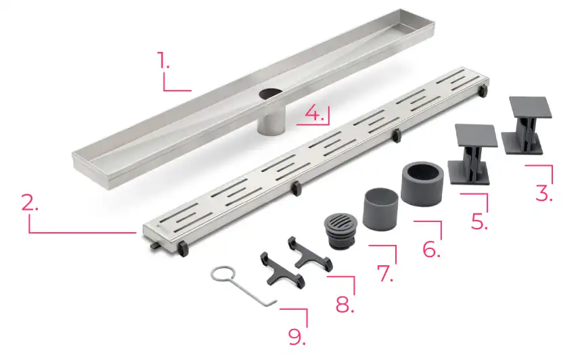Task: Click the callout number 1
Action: [163, 60]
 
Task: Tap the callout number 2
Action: [30, 202]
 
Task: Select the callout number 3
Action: [544, 193]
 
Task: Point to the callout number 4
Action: [315, 114]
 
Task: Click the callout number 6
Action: [431, 249]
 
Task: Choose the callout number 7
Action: [385, 273]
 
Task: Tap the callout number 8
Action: [344, 304]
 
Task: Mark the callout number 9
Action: [296, 336]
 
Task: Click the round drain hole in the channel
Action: [270, 94]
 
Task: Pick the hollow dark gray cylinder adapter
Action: [422, 183]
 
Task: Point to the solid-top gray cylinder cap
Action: [381, 209]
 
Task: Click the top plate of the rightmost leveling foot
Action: [531, 108]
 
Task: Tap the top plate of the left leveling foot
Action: [476, 135]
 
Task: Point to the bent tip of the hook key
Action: [273, 302]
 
